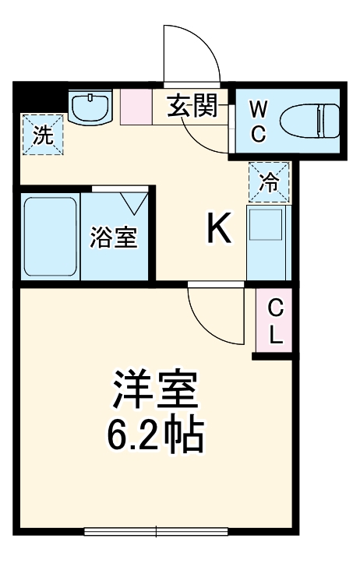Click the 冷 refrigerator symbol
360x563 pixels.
tap(269, 182)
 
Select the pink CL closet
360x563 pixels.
tap(275, 322)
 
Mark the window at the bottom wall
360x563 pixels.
tap(156, 533)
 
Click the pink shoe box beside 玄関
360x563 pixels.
tap(136, 107)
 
